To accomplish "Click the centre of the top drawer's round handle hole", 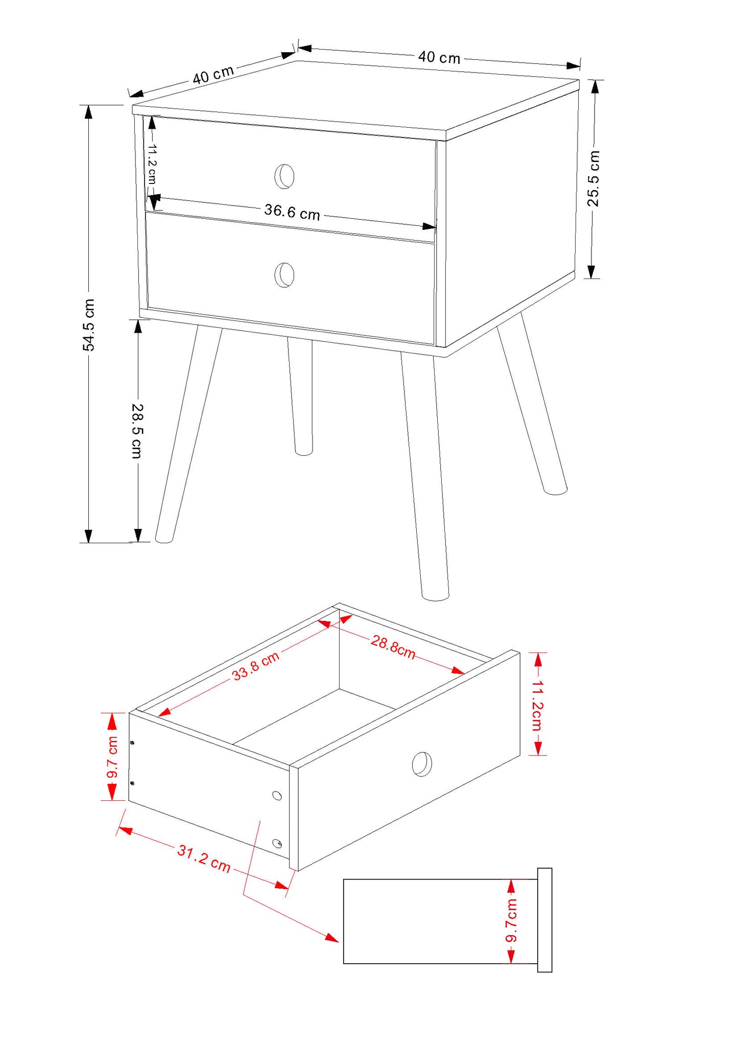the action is point(284,176).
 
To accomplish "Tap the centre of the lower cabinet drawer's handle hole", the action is point(284,275).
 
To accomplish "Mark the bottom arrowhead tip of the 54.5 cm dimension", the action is point(88,542).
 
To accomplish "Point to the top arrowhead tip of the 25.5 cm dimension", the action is point(594,81).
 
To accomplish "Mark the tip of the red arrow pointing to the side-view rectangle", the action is point(338,941).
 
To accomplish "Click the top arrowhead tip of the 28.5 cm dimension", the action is point(138,320).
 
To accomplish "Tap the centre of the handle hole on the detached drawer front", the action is point(422,764).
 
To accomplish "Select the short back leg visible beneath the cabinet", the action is point(301,396).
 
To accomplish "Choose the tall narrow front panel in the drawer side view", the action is point(544,920).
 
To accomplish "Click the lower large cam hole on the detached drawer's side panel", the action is point(277,843).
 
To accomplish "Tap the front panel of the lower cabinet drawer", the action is point(291,279).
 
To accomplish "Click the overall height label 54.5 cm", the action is point(89,325).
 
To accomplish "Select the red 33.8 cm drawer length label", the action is point(255,666).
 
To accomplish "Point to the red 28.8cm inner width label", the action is point(393,647).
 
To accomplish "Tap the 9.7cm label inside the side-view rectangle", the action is point(511,920).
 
